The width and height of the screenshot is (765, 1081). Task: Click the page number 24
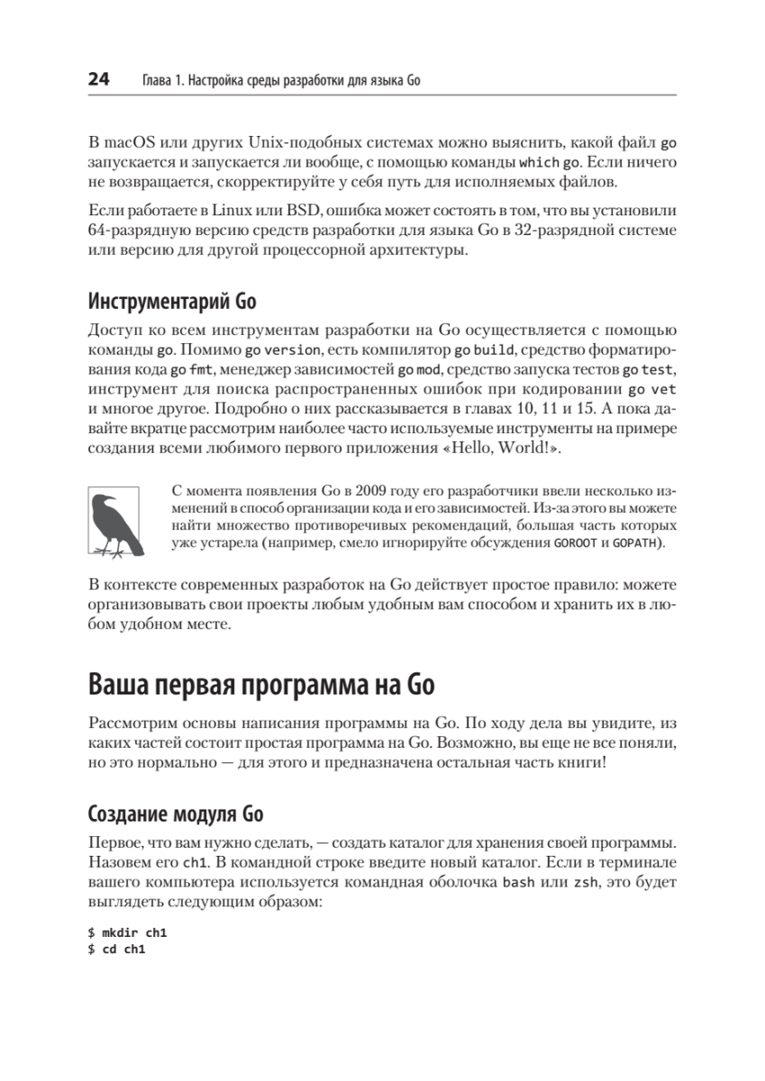98,80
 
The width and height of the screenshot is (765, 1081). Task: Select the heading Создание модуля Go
176,815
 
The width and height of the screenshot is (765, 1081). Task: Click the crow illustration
114,520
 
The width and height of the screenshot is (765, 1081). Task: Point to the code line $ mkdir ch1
123,934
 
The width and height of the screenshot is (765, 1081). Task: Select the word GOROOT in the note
574,545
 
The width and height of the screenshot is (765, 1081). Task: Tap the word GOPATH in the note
634,545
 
